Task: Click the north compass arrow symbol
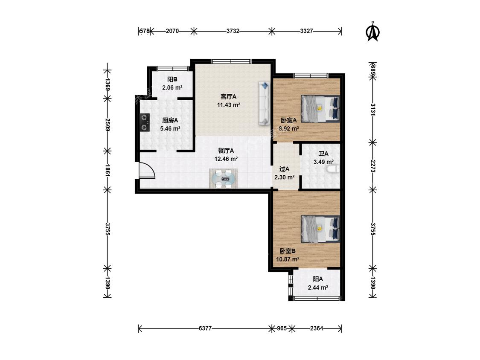pyautogui.click(x=373, y=31)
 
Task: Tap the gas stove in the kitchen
pyautogui.click(x=145, y=122)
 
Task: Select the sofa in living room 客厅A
pyautogui.click(x=264, y=103)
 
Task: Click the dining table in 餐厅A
pyautogui.click(x=224, y=178)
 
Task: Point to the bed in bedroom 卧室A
pyautogui.click(x=320, y=109)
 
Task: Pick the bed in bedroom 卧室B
pyautogui.click(x=320, y=229)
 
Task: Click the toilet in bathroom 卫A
pyautogui.click(x=333, y=169)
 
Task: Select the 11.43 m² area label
pyautogui.click(x=228, y=105)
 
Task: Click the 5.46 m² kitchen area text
pyautogui.click(x=170, y=128)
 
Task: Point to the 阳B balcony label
pyautogui.click(x=172, y=79)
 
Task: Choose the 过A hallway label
pyautogui.click(x=285, y=169)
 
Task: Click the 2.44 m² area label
pyautogui.click(x=318, y=287)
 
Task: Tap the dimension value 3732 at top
pyautogui.click(x=233, y=31)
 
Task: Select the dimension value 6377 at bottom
pyautogui.click(x=205, y=328)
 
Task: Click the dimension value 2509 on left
pyautogui.click(x=108, y=125)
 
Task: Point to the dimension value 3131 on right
pyautogui.click(x=373, y=109)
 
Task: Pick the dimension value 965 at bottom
pyautogui.click(x=282, y=328)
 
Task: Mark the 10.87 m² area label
pyautogui.click(x=288, y=259)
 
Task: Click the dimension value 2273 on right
pyautogui.click(x=373, y=166)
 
